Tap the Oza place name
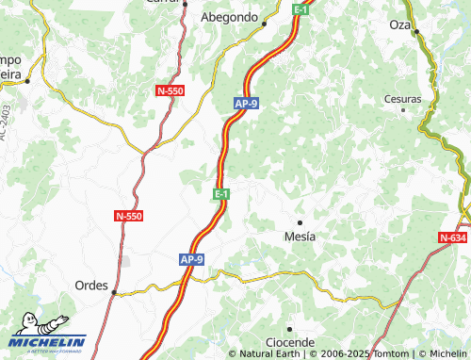tap(399, 25)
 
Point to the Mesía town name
tap(300, 237)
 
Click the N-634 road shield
tap(454, 238)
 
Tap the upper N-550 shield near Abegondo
tap(170, 90)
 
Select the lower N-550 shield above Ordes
tap(128, 216)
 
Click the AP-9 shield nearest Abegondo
tap(247, 105)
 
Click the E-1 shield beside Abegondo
tap(301, 9)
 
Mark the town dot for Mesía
tap(300, 222)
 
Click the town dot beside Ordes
tap(115, 292)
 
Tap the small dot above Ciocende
tap(290, 328)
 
